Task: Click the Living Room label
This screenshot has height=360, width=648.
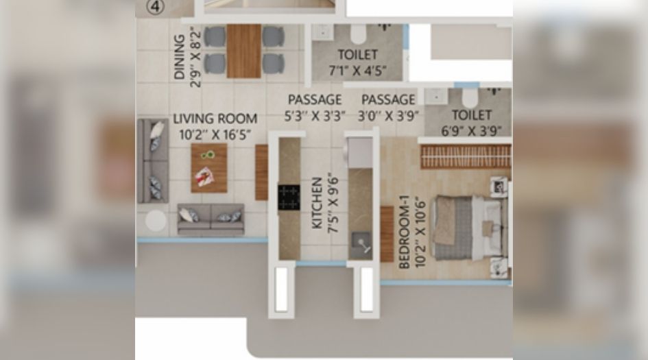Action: pos(215,119)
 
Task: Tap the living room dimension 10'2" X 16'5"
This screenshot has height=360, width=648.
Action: pos(215,134)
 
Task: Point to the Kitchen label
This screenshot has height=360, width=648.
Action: pos(317,204)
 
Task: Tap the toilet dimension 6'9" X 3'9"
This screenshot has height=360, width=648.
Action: pos(472,130)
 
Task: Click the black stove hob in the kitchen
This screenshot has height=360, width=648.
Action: pos(289,197)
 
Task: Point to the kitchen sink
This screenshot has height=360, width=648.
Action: pos(359,242)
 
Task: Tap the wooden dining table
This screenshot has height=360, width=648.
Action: pos(244,51)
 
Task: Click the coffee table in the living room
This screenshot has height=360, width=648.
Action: pos(208,167)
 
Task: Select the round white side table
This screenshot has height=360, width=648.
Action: pos(156,220)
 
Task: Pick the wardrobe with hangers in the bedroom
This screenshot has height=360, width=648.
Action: pos(466,156)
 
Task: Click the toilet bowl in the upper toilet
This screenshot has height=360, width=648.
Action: pos(359,34)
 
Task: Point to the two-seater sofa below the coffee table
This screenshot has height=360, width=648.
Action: pos(211,218)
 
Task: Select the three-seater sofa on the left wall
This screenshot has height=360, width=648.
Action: pos(152,162)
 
